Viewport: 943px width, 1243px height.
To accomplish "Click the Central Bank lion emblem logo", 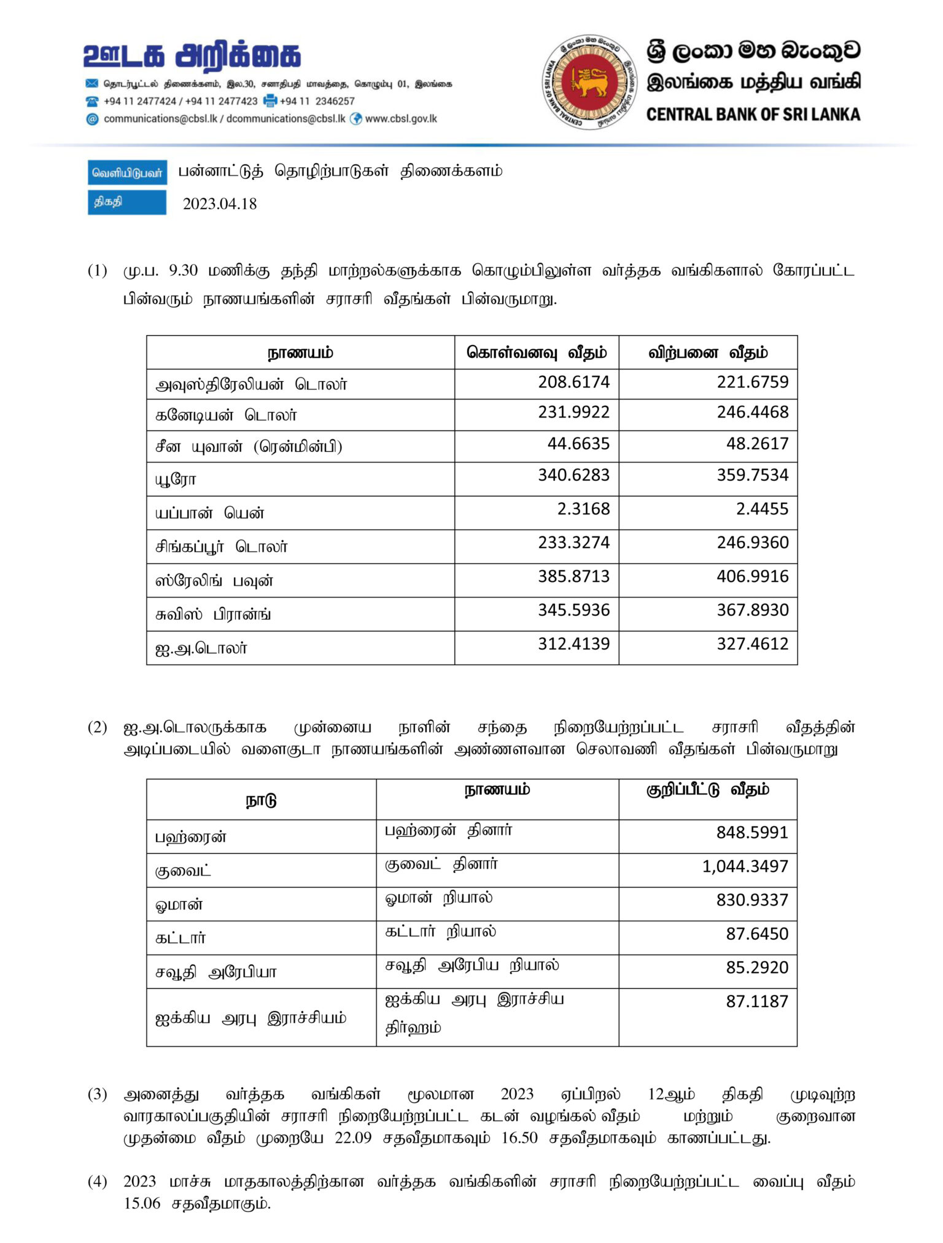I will (x=589, y=82).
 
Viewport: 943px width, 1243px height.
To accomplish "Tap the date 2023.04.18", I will (x=219, y=204).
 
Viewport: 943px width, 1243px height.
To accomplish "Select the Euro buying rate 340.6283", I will (x=573, y=475).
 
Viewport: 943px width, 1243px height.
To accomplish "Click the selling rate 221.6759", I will (x=752, y=382).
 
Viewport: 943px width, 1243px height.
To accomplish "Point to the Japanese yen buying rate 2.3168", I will (x=583, y=509).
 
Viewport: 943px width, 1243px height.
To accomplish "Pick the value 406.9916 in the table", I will (x=752, y=576).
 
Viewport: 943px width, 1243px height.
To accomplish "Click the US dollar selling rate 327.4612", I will (x=752, y=644).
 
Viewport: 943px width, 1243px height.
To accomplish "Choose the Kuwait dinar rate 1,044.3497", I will (x=745, y=866).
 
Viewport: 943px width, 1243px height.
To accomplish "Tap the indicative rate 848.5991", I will (x=751, y=832).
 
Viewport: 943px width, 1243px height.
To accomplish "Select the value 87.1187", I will (x=756, y=1001).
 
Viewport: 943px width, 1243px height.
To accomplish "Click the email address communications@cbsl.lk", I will (x=160, y=119).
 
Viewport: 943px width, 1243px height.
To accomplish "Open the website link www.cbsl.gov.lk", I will (x=401, y=119).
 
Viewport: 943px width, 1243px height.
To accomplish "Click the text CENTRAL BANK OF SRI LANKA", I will (x=753, y=114).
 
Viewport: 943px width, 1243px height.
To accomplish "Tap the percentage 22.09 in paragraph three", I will (x=353, y=1137).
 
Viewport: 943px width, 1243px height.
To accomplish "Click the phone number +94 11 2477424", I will (x=140, y=101).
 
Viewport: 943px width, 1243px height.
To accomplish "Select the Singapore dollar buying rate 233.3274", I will (x=573, y=543).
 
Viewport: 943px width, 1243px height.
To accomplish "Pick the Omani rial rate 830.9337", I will (x=751, y=900).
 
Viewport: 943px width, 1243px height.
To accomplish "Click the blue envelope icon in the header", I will (x=92, y=83).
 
